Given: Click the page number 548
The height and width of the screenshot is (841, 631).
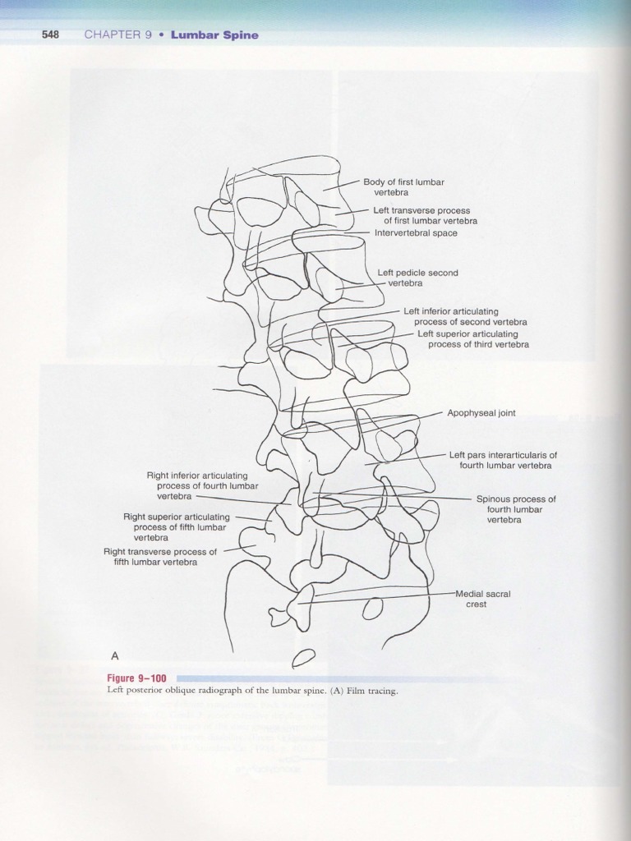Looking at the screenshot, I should coord(50,35).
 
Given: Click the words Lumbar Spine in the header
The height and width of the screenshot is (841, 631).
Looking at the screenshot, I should coord(214,35).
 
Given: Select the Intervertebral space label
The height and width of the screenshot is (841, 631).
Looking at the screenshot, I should coord(416,233).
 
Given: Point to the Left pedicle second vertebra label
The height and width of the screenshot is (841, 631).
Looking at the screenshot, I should coord(417,278).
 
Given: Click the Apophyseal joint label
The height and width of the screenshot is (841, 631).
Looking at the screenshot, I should coord(481,413).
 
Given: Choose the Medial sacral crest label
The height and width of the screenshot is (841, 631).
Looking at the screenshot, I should coord(483,599).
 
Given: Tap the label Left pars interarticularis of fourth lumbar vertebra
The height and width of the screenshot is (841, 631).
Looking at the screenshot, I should coord(503,460).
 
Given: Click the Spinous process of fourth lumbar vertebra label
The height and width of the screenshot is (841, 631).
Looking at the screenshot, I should coord(515,509).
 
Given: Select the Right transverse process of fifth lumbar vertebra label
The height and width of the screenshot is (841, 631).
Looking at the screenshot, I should coord(160,557).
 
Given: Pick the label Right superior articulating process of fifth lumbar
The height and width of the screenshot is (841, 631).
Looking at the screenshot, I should coord(176,527).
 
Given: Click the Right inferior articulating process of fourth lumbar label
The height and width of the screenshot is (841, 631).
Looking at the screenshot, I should coord(196,485).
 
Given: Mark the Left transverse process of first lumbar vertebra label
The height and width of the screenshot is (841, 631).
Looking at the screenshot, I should coord(425,216).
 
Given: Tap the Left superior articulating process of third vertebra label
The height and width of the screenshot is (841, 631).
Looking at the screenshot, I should coord(472,339).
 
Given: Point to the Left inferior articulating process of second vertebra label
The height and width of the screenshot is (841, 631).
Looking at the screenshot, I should coord(465,317).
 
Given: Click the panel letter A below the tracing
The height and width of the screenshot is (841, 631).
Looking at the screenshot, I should coord(115,655).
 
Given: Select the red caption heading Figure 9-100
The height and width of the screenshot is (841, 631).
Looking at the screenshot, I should coord(136,678).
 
